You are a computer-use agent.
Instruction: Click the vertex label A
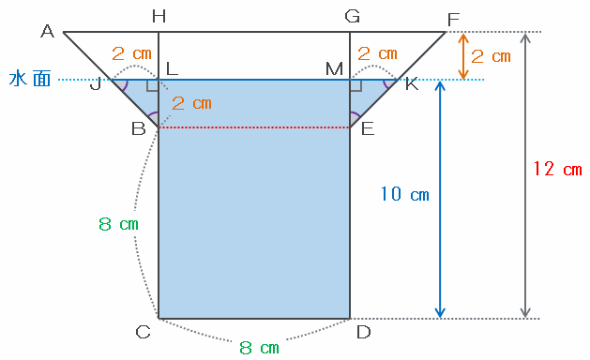[48, 31]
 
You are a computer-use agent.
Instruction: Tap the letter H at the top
[159, 17]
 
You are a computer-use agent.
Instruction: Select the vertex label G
[353, 17]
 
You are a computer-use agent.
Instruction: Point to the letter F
[454, 20]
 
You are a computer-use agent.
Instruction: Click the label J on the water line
[96, 85]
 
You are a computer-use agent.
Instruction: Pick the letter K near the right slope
[412, 84]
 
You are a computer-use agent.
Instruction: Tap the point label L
[172, 68]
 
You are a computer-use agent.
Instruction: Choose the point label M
[335, 69]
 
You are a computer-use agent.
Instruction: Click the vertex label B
[139, 129]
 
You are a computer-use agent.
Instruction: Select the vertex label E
[368, 129]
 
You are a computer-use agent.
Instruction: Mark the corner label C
[143, 332]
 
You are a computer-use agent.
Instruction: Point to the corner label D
[364, 332]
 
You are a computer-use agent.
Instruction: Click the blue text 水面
[30, 79]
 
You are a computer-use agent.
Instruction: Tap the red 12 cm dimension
[558, 169]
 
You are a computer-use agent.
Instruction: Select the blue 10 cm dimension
[404, 194]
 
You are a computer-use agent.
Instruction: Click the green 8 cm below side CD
[260, 348]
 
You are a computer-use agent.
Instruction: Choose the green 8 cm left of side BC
[118, 224]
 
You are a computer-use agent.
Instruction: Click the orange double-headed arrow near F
[463, 56]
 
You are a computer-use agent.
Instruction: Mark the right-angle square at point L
[152, 85]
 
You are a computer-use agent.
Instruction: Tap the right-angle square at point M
[356, 85]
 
